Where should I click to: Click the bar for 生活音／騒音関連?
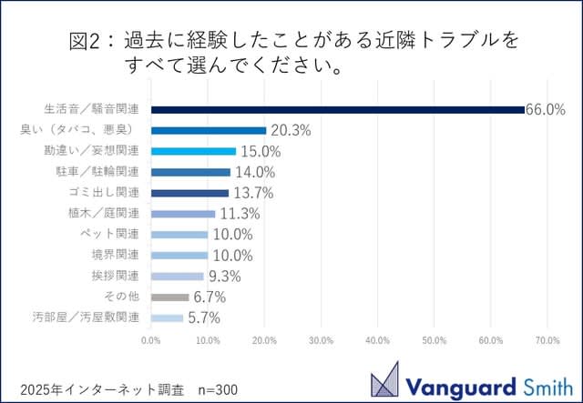coord(337,109)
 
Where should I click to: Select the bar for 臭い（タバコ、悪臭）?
coord(209,130)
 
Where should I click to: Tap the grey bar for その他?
coord(169,297)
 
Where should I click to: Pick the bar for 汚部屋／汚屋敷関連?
coord(167,317)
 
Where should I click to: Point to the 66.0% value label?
coord(546,109)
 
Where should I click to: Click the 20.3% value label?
coord(291,130)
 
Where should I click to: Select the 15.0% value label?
coord(260,151)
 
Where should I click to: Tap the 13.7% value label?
coord(252,193)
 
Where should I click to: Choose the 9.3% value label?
coord(224,276)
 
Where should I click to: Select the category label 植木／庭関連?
coord(107,214)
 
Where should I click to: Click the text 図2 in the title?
coord(85,42)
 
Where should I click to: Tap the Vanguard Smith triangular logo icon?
coord(384,378)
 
